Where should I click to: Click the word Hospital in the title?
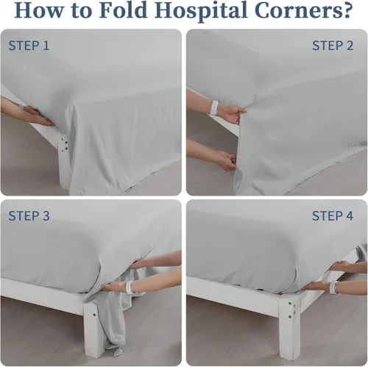[200, 11]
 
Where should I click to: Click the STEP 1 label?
[29, 46]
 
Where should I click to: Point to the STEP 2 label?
[333, 46]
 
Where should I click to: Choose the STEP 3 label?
[29, 215]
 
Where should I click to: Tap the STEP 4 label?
[333, 215]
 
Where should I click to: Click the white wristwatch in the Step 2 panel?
[213, 107]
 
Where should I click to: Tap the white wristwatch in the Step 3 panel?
[130, 288]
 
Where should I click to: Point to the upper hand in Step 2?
[232, 113]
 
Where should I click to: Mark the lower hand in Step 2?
[227, 160]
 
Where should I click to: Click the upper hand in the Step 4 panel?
[340, 266]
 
